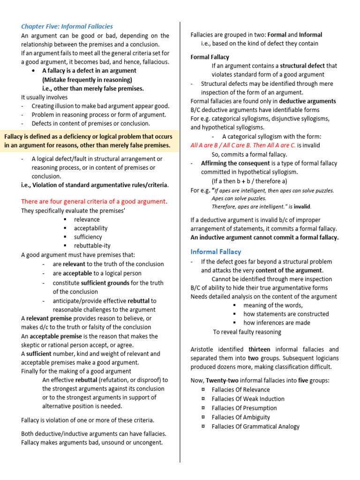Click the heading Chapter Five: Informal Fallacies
(x=67, y=26)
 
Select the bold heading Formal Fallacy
(x=210, y=57)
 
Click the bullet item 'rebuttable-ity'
(x=92, y=246)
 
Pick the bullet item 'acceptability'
(x=90, y=228)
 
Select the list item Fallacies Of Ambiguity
(x=240, y=417)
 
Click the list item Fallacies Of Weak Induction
(x=248, y=399)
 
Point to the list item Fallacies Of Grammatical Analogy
(x=255, y=427)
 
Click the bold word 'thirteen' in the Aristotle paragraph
(x=259, y=349)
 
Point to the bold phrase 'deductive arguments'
(x=307, y=101)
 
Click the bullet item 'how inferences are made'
(x=277, y=323)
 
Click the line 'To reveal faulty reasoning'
(x=247, y=332)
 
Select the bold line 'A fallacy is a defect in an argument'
(x=89, y=71)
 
